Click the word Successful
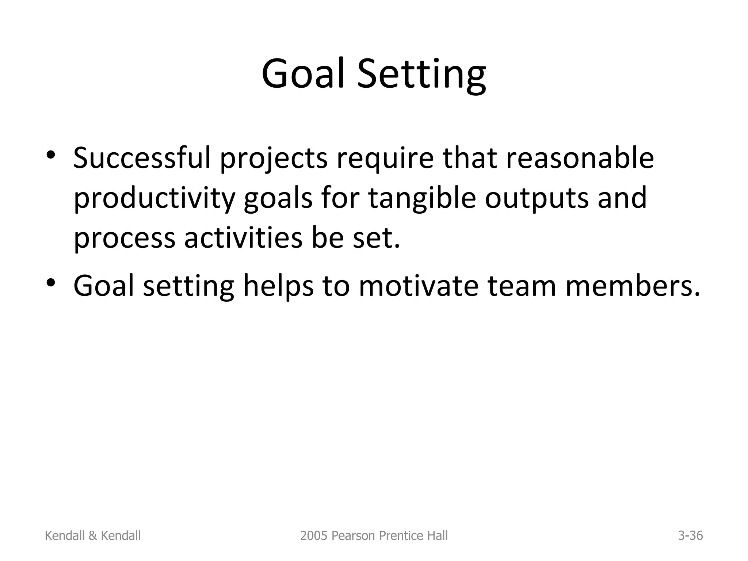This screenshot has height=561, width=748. pyautogui.click(x=142, y=158)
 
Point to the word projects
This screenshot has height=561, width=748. pyautogui.click(x=274, y=159)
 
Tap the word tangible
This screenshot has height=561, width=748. pyautogui.click(x=422, y=198)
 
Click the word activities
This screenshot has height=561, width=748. pyautogui.click(x=243, y=238)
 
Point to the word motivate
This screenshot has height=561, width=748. pyautogui.click(x=419, y=286)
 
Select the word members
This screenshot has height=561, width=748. pyautogui.click(x=632, y=286)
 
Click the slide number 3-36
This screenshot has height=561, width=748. pyautogui.click(x=690, y=536)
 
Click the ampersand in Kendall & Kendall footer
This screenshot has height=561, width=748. pyautogui.click(x=93, y=536)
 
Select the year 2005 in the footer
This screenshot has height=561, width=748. pyautogui.click(x=309, y=536)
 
